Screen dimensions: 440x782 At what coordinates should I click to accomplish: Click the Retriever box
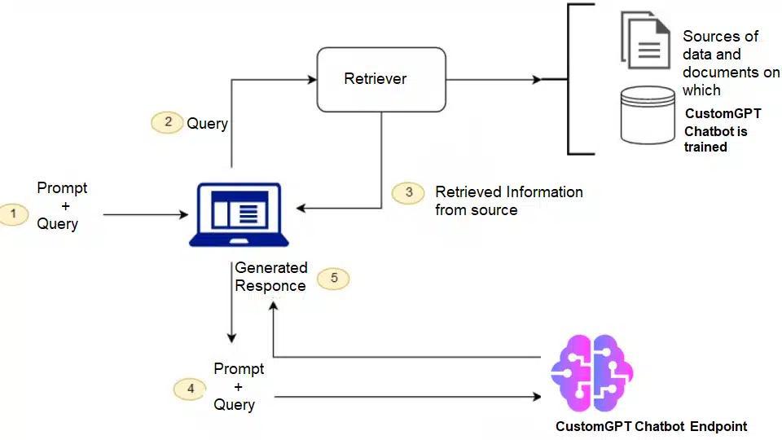[381, 79]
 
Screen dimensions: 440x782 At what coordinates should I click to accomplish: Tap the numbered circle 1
[14, 214]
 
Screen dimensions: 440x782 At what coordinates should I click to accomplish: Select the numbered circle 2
[167, 122]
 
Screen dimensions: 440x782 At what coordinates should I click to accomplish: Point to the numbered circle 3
[408, 192]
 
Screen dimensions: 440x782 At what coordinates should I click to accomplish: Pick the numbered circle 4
[190, 389]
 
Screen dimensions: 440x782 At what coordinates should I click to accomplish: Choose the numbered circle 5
[333, 278]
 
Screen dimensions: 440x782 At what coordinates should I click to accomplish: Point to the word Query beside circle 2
[207, 124]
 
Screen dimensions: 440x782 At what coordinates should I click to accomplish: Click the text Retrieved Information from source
[508, 201]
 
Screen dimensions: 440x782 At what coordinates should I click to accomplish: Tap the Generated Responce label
[270, 276]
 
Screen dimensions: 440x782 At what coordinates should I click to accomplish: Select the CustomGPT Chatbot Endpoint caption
[651, 426]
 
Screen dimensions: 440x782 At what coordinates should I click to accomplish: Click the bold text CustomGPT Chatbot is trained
[723, 130]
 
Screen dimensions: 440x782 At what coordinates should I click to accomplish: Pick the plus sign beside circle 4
[238, 387]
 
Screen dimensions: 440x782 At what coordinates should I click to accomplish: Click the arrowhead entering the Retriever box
[311, 80]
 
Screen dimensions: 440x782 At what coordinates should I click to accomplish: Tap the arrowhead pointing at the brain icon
[537, 397]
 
